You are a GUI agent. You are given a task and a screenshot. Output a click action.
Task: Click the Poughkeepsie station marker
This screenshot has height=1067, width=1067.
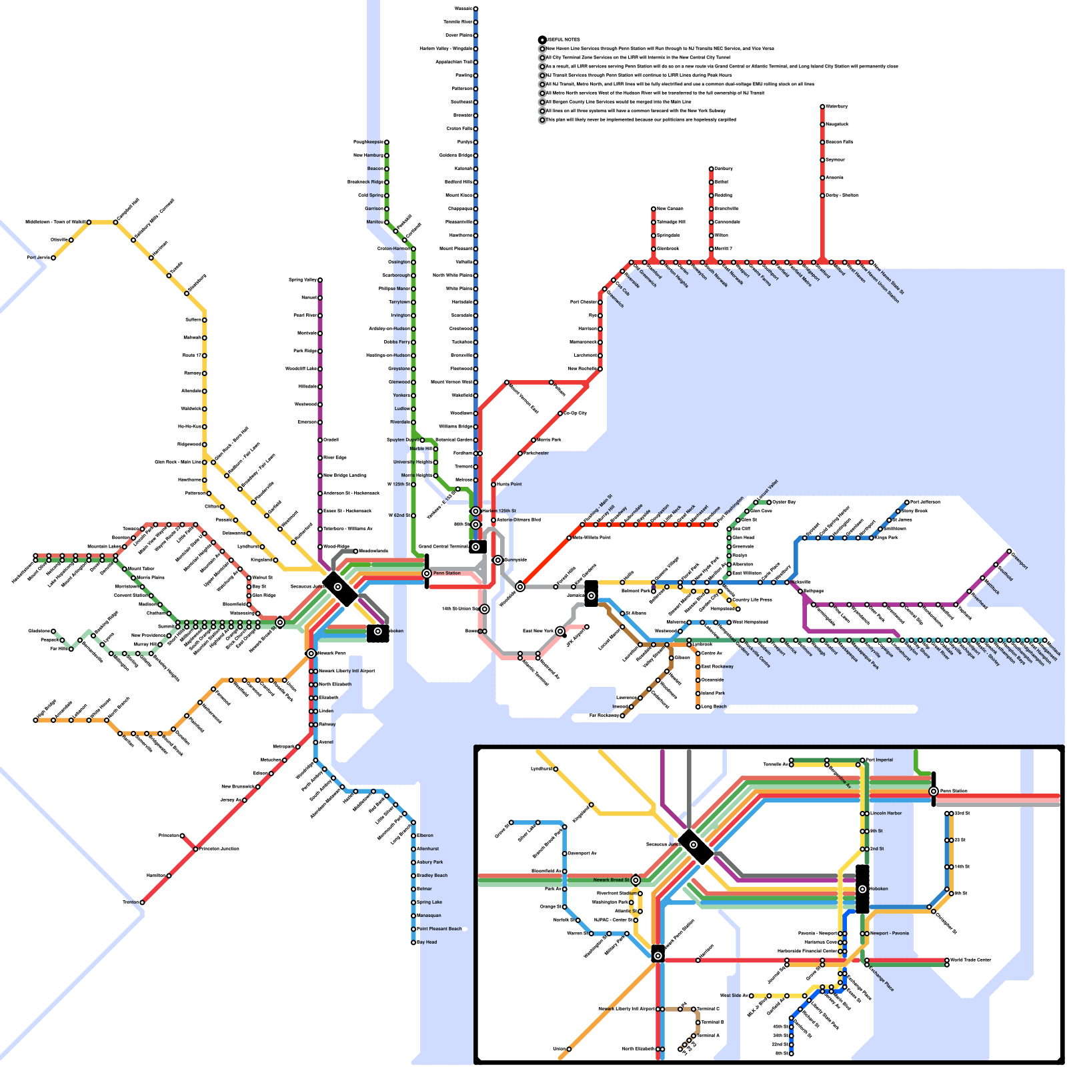coord(386,142)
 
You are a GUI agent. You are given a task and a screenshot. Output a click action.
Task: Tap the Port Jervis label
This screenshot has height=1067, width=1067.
coord(38,257)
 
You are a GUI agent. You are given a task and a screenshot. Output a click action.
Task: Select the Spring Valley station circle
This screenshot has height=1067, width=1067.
coord(320,280)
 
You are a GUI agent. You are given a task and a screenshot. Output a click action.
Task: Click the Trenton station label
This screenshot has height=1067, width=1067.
coord(130,902)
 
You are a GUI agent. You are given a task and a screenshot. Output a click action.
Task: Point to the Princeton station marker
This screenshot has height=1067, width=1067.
coord(182,836)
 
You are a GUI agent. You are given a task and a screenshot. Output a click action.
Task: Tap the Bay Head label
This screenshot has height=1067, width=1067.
coord(427,942)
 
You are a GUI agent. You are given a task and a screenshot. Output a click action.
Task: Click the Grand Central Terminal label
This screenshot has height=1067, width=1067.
coord(443,547)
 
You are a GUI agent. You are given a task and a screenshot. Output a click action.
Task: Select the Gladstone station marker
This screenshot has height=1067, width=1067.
coord(53,631)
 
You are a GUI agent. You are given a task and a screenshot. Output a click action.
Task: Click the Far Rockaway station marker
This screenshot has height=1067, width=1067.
coord(622,716)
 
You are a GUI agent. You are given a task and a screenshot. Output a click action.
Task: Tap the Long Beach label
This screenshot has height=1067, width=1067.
coord(714,706)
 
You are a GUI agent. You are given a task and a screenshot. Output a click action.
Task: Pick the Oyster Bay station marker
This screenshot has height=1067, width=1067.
coord(769,502)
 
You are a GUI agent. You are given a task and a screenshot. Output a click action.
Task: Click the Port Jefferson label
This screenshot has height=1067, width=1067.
coord(925,502)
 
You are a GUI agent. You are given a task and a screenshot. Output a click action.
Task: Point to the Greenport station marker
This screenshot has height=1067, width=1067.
coord(1009,552)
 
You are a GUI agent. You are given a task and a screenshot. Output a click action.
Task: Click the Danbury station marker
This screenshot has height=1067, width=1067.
coord(711,169)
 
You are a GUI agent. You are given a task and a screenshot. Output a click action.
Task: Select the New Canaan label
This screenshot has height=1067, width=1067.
coord(670,209)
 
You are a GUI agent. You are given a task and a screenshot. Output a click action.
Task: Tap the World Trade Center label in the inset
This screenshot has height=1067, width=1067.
coord(970,960)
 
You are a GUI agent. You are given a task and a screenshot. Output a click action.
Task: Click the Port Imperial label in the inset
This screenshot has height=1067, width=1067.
coord(879,760)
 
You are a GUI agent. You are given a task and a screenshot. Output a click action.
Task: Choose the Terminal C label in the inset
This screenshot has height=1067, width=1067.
coord(708,1009)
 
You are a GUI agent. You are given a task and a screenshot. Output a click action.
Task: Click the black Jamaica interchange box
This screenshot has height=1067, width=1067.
coord(591,594)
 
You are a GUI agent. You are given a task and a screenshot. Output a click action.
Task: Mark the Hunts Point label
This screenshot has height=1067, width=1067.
coord(509,484)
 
